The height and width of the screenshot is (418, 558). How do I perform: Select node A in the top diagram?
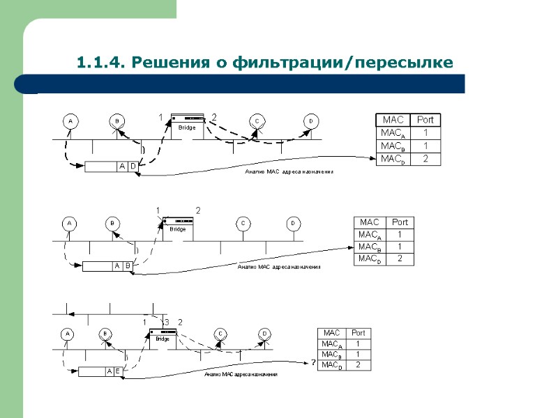pos(70,121)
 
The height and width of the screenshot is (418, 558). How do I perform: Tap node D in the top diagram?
pos(310,121)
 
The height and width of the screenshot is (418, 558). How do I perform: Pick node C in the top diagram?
pos(257,121)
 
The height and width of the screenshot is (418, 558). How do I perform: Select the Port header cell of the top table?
pos(425,121)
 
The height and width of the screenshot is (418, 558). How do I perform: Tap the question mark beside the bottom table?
pos(313,364)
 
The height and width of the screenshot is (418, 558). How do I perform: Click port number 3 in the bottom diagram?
pos(167,322)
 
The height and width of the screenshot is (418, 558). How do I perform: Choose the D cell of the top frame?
pos(133,167)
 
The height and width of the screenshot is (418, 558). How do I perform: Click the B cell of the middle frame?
pos(128,266)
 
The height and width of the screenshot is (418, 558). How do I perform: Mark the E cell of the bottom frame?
pos(118,371)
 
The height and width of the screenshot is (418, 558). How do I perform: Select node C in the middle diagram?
pos(243,224)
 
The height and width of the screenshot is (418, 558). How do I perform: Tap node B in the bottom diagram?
pos(105,334)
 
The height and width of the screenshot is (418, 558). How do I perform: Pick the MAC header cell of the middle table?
pos(370,222)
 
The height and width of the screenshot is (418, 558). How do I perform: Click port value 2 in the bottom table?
pos(358,364)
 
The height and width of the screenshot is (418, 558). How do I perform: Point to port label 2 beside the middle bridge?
pos(198,210)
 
